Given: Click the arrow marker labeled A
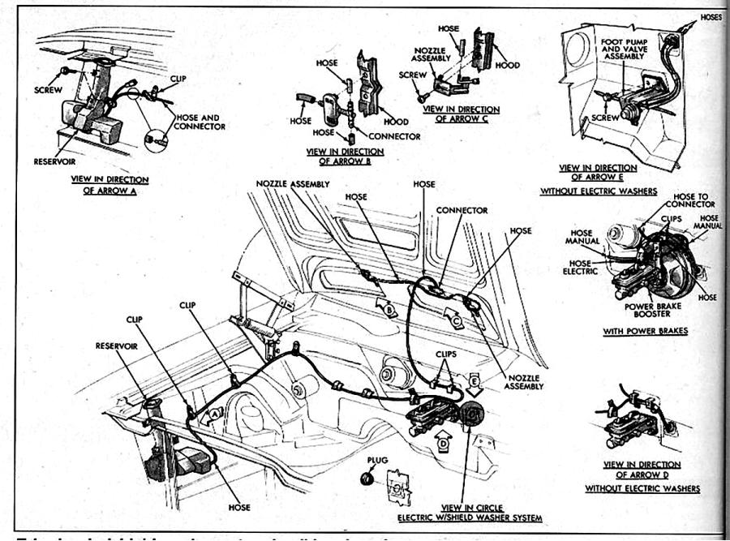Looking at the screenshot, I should coord(214,414).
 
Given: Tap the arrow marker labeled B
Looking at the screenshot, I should coord(389,309).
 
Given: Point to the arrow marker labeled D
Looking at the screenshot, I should coord(443,444).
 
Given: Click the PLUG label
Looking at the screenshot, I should coord(377,460).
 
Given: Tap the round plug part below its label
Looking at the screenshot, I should coord(367,479).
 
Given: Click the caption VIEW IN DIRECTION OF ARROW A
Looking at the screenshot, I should coord(109,185).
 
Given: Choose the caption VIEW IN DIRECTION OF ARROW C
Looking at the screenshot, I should coord(462,114).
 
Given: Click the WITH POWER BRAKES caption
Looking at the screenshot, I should coord(646,331).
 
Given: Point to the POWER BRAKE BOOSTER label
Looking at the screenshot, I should coord(646,310).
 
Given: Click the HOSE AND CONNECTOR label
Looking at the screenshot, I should coord(200,122).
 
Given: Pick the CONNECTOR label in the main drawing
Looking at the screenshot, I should coord(462,210).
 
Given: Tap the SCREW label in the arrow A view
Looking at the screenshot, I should coord(49,89).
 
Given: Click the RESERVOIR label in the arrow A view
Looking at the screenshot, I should coord(54,161).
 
